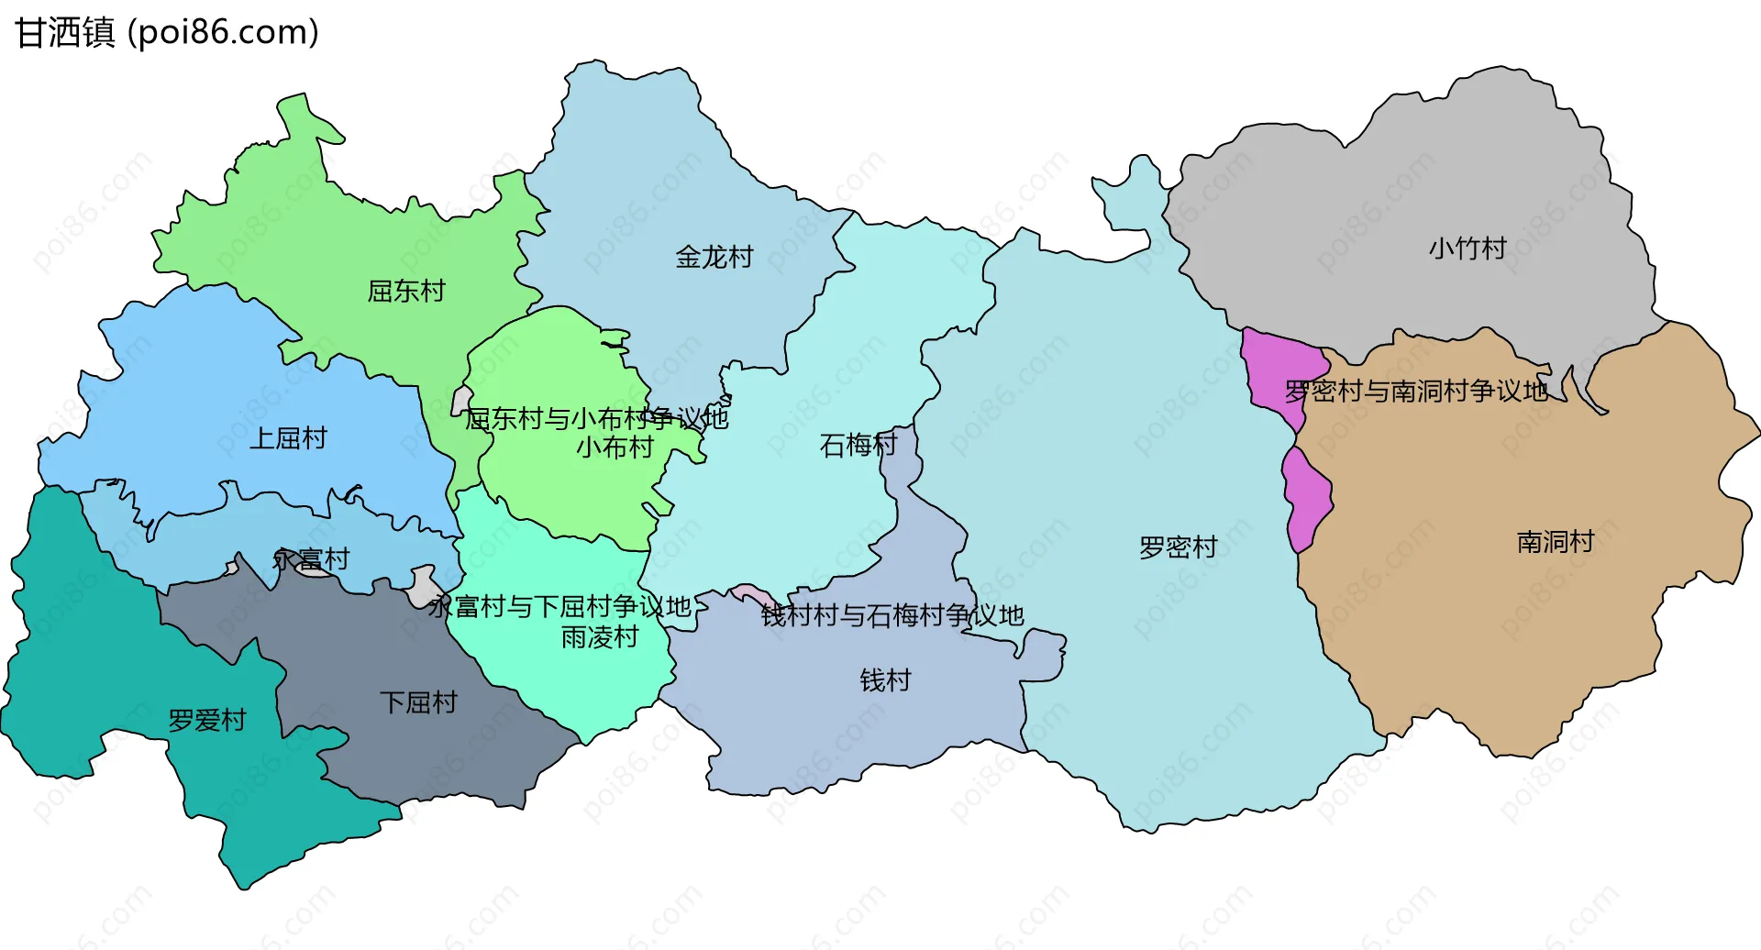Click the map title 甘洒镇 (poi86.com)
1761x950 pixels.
[167, 33]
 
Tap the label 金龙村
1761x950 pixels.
[714, 257]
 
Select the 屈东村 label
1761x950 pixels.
[406, 292]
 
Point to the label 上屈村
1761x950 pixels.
[288, 438]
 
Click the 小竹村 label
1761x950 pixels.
[1467, 249]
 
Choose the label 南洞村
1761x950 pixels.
[1555, 542]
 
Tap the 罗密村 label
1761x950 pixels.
[1178, 547]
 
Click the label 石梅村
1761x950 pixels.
[858, 446]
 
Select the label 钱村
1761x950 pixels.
[885, 680]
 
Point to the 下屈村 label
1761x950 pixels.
[418, 703]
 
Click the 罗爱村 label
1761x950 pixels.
[207, 721]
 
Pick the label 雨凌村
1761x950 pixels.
[600, 637]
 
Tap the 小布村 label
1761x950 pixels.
[615, 447]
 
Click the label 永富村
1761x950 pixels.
[312, 559]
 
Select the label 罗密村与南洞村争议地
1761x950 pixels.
[1415, 392]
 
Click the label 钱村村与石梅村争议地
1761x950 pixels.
[892, 615]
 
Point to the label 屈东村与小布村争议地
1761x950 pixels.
[596, 419]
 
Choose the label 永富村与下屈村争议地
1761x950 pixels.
[559, 606]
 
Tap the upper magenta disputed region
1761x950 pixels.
[1279, 371]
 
